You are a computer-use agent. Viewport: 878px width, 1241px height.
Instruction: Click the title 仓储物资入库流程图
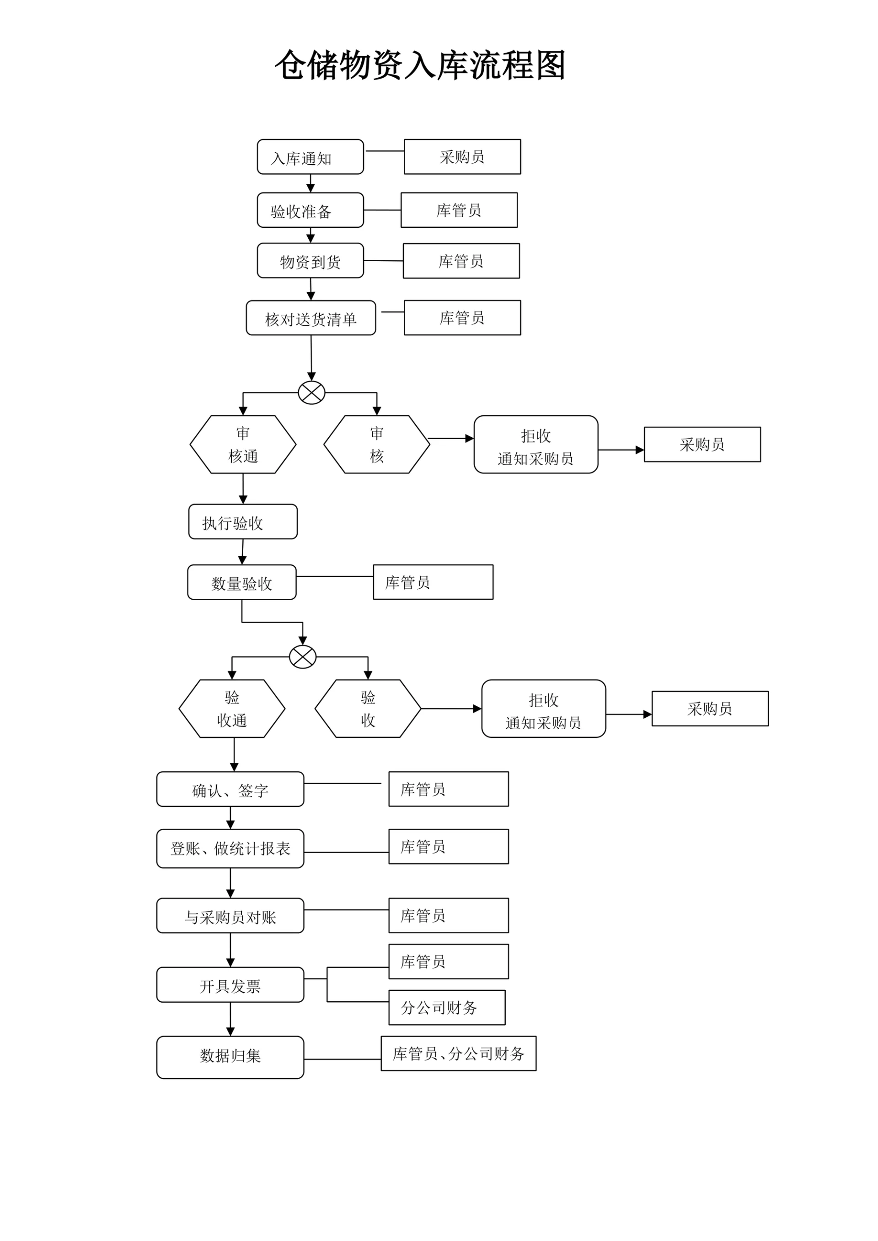(x=420, y=65)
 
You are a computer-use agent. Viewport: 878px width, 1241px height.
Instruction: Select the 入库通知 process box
(x=311, y=157)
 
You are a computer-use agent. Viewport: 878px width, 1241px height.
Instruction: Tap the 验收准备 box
(x=311, y=210)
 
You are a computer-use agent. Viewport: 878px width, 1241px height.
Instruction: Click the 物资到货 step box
(x=311, y=261)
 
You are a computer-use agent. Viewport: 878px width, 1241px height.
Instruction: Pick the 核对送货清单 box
(x=311, y=318)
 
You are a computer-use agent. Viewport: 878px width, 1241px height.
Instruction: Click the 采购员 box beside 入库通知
(x=462, y=157)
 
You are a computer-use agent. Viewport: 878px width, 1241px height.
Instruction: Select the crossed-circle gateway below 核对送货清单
(x=311, y=392)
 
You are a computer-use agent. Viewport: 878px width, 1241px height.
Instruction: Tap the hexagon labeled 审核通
(x=243, y=445)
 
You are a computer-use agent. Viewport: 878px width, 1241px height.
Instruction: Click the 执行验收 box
(x=243, y=522)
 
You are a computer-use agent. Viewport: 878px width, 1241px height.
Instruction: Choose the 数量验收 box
(x=241, y=582)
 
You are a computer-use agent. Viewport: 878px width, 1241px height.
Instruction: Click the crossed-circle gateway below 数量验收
(x=303, y=657)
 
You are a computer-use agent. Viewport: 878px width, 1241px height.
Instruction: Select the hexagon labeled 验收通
(x=232, y=709)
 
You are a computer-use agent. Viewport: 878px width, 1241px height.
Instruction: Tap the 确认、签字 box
(x=230, y=790)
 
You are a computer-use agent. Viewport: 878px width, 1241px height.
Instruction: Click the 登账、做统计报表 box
(x=230, y=849)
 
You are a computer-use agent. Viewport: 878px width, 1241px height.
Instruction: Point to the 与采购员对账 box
(x=230, y=916)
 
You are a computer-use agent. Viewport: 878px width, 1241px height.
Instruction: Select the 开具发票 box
(x=230, y=985)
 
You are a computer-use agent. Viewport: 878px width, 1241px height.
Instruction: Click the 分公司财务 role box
(x=447, y=1008)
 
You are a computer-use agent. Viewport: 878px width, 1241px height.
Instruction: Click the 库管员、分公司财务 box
(x=459, y=1053)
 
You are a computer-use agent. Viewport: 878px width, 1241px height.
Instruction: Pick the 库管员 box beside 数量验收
(x=433, y=582)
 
